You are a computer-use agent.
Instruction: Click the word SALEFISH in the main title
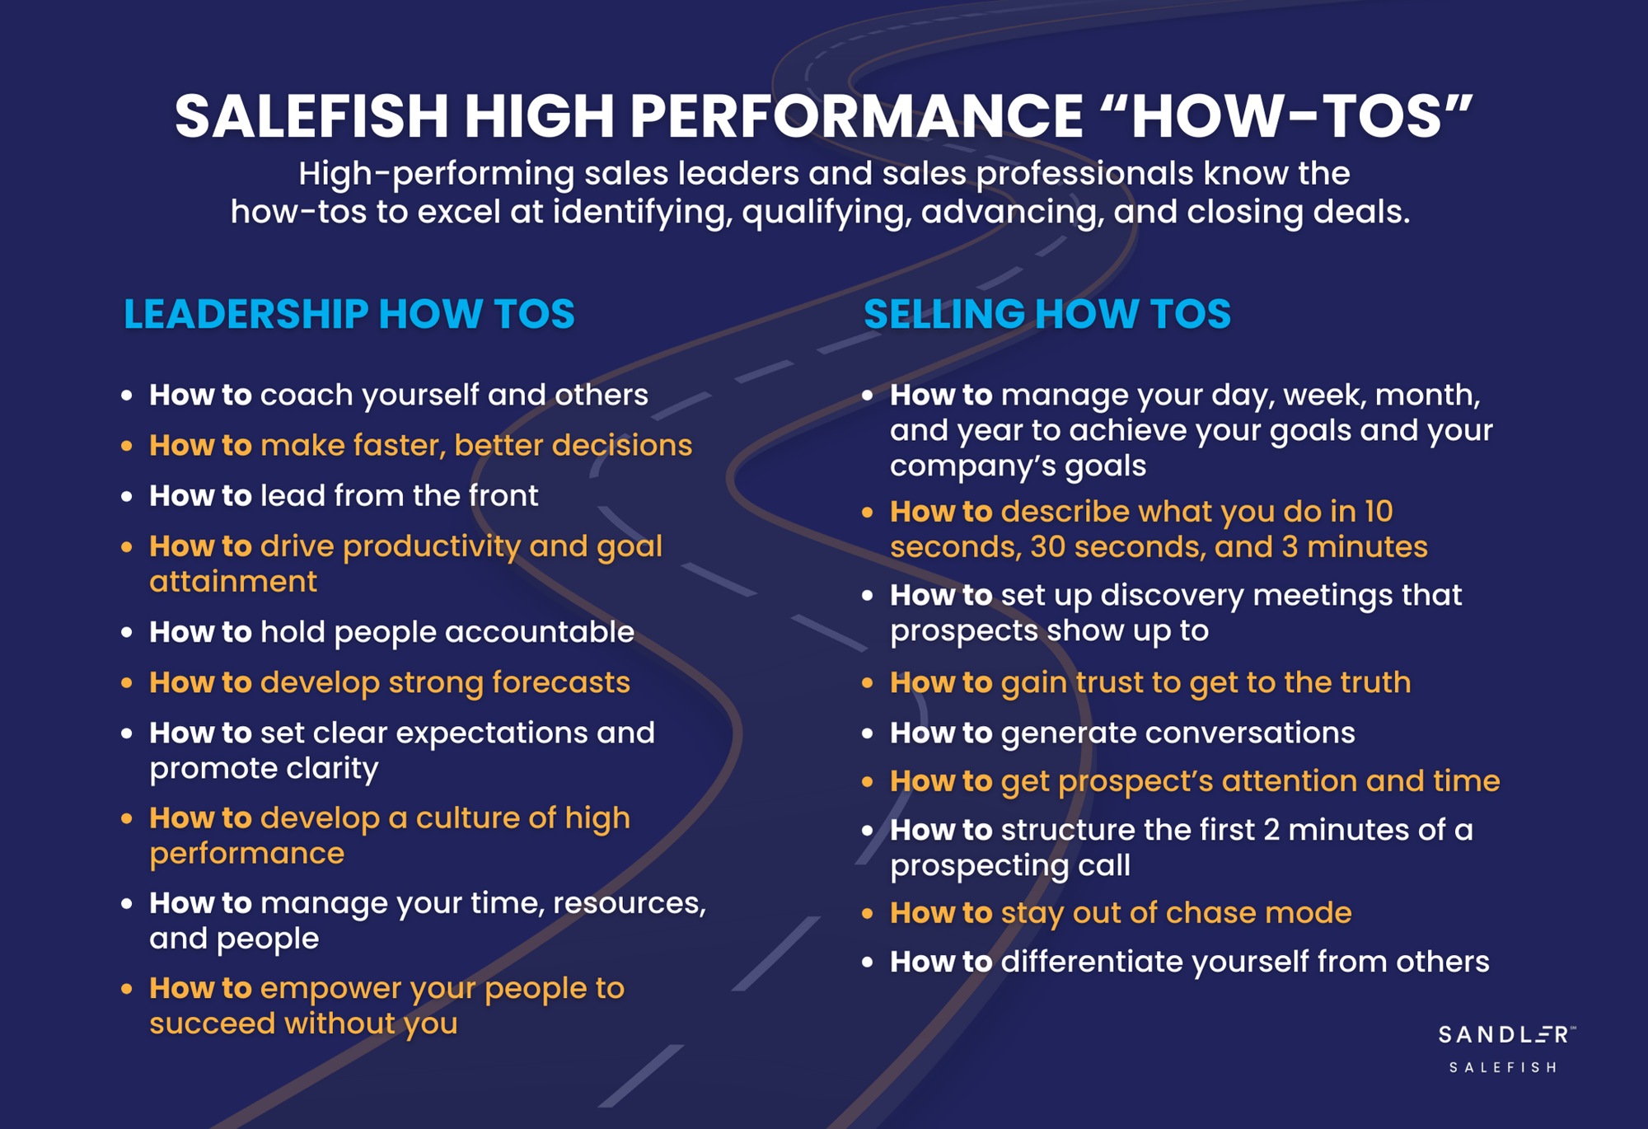coord(311,116)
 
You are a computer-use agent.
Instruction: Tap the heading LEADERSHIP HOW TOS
coord(349,314)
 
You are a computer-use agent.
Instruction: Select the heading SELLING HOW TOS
coord(1047,314)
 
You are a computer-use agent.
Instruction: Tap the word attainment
coord(233,582)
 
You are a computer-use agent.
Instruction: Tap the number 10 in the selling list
coord(1378,512)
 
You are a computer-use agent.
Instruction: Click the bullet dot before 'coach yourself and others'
coord(127,396)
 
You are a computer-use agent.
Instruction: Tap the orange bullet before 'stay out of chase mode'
coord(867,913)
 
